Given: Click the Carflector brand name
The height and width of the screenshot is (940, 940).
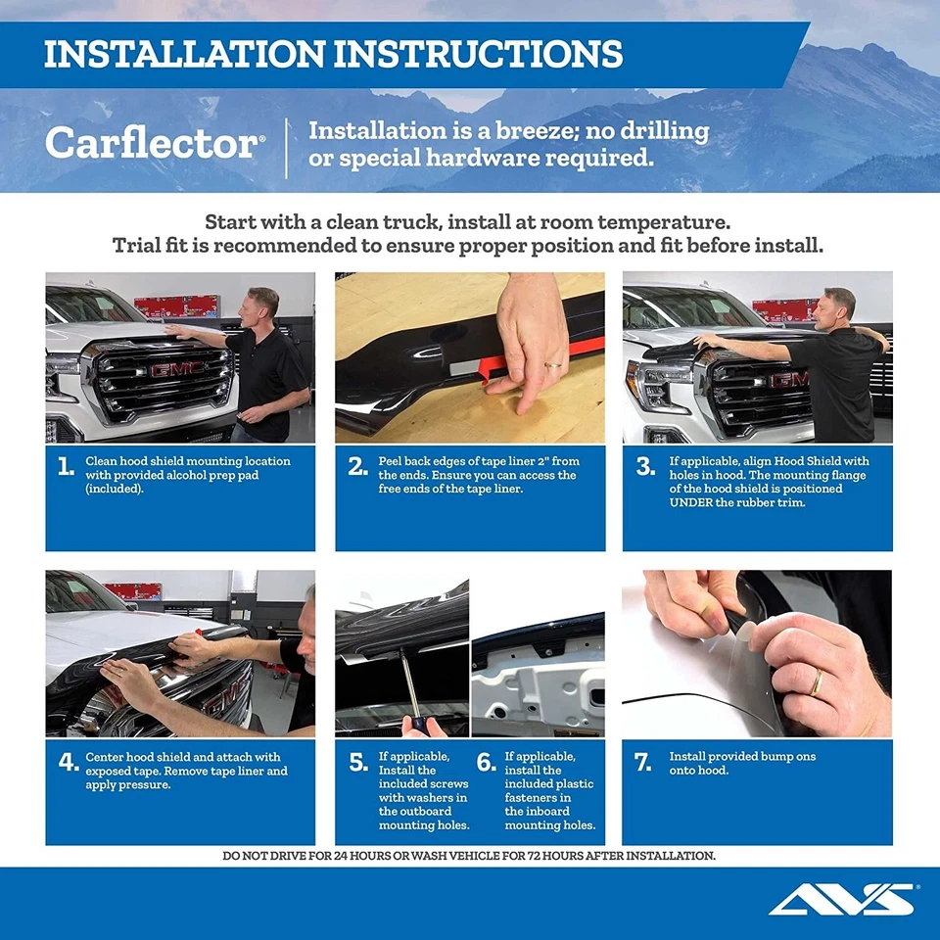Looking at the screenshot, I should pyautogui.click(x=153, y=144).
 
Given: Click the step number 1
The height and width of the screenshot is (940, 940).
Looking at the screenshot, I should pyautogui.click(x=66, y=467).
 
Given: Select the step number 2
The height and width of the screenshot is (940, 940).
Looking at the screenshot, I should pyautogui.click(x=357, y=467).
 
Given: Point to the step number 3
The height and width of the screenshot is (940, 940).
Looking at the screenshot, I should pyautogui.click(x=645, y=467).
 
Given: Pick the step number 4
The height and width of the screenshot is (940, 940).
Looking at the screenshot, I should pyautogui.click(x=66, y=763).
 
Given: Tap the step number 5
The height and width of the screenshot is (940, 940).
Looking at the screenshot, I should pyautogui.click(x=358, y=763).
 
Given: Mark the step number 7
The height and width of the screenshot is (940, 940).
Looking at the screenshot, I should pyautogui.click(x=643, y=763).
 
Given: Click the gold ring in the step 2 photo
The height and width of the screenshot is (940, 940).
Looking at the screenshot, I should pyautogui.click(x=553, y=364).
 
